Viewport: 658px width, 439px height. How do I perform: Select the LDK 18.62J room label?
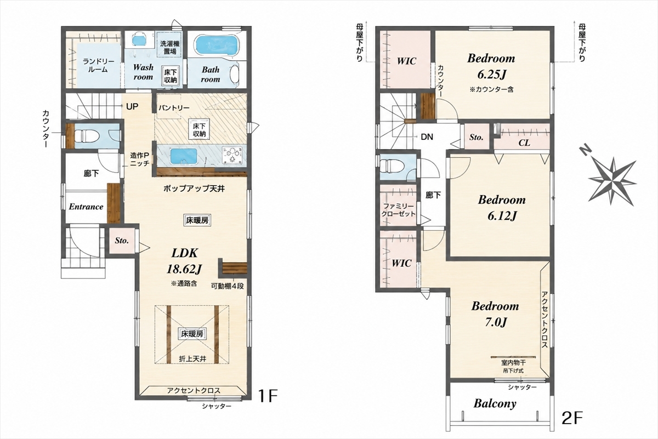[x=184, y=260]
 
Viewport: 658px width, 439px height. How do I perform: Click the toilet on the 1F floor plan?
[x=84, y=136]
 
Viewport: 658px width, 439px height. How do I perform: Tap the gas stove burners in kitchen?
[x=232, y=155]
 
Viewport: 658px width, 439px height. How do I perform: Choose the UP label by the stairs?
[x=132, y=106]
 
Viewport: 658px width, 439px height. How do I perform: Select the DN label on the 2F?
[x=427, y=137]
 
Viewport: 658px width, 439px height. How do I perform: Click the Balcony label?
[x=495, y=404]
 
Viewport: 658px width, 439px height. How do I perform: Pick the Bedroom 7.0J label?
[x=495, y=314]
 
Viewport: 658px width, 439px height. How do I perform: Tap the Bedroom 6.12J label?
[x=502, y=208]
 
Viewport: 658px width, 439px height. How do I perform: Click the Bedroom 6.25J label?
[x=491, y=66]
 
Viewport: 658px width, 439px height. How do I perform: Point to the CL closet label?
[x=524, y=143]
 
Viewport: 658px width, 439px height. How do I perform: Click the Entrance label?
[x=86, y=207]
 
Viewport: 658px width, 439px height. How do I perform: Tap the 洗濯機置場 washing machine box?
[x=170, y=47]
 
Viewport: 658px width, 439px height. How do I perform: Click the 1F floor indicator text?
[x=268, y=396]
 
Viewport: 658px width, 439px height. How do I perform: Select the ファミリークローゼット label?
[x=398, y=210]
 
